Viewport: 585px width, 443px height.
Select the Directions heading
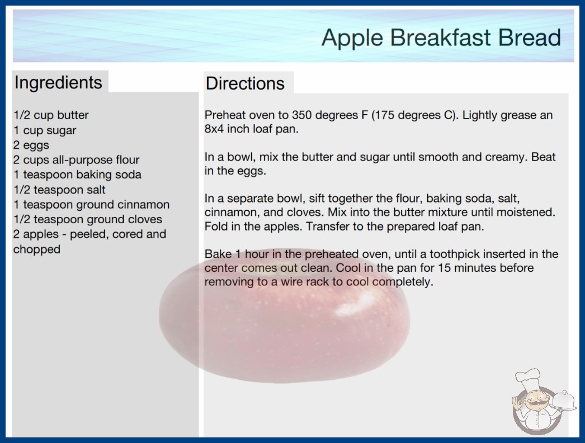[245, 83]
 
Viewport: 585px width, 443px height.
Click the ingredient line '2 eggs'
[31, 145]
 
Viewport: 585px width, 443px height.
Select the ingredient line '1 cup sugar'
[45, 130]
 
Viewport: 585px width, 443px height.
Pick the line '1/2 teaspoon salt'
[59, 190]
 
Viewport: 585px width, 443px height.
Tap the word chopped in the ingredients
[36, 249]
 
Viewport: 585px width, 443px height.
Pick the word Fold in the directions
[216, 227]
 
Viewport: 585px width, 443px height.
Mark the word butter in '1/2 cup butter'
[73, 115]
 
